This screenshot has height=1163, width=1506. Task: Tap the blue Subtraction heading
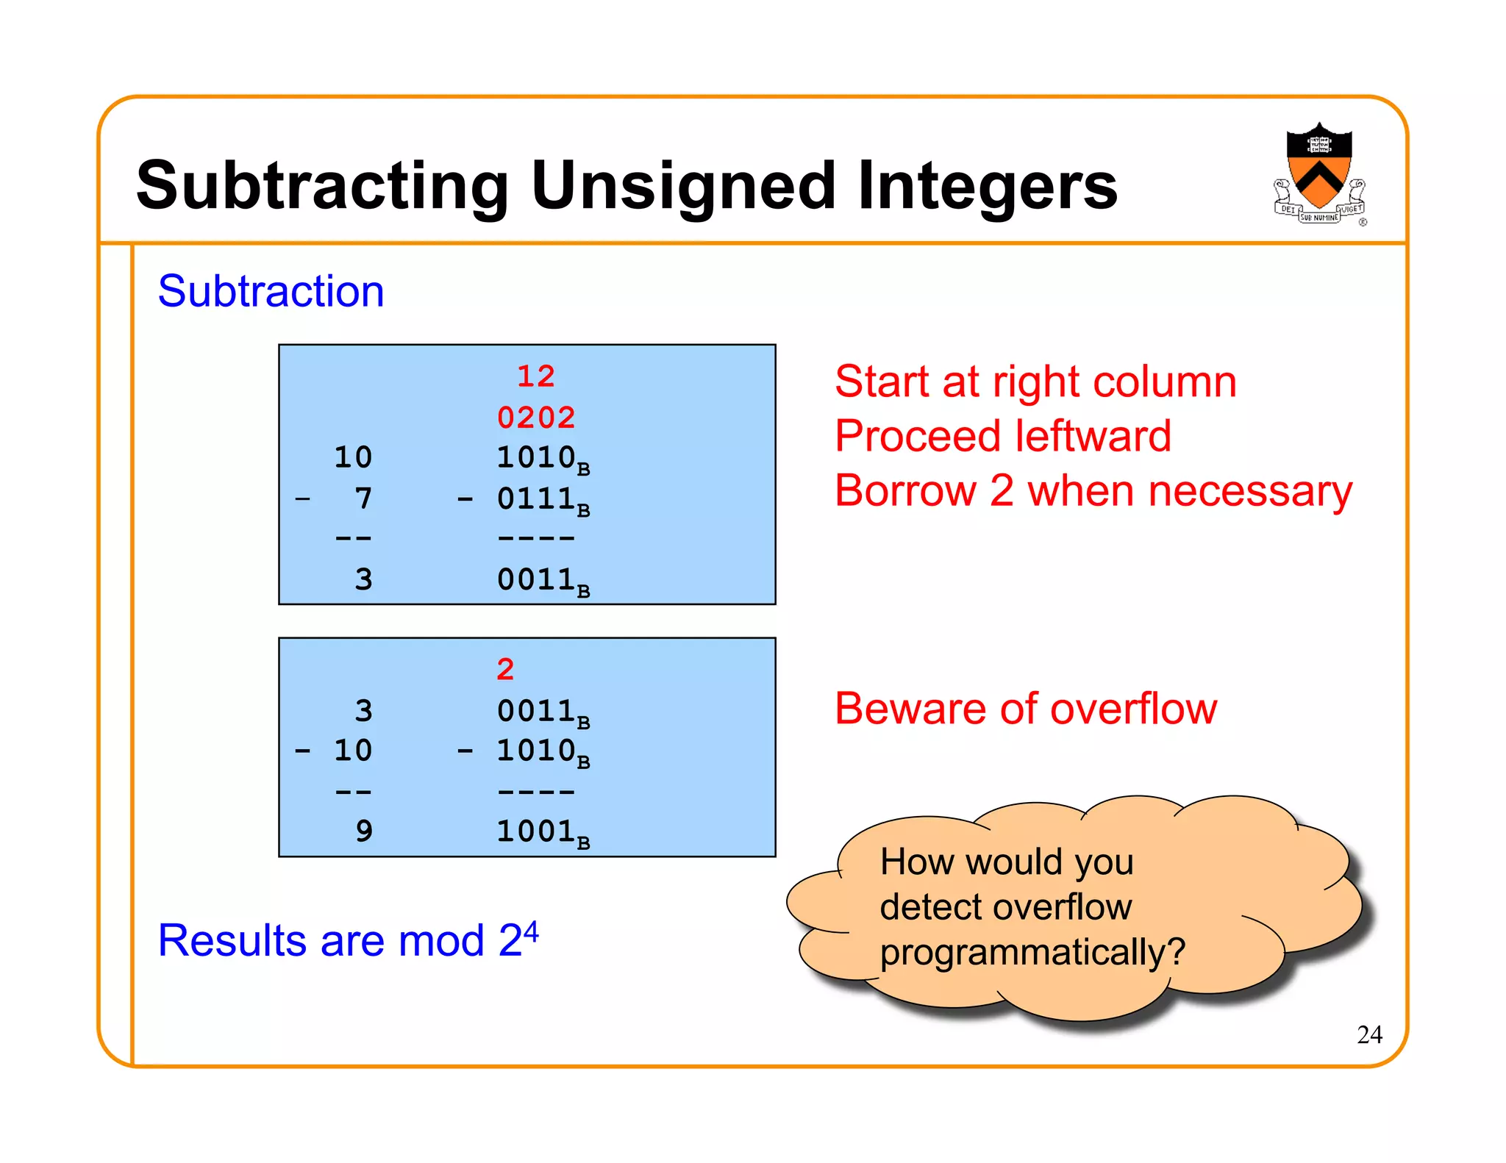click(x=271, y=291)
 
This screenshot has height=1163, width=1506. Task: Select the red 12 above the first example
click(x=535, y=376)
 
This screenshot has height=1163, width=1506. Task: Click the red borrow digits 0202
click(x=535, y=418)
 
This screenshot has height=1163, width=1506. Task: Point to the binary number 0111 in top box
click(x=537, y=498)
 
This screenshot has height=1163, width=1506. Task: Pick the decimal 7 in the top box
click(x=363, y=498)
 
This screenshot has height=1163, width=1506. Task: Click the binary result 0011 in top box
click(x=537, y=579)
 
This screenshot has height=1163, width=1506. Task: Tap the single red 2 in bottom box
click(x=505, y=669)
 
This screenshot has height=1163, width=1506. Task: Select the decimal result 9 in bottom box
click(x=363, y=831)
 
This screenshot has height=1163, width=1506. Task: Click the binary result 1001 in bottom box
click(x=537, y=831)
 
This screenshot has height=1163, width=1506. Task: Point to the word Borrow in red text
click(x=905, y=490)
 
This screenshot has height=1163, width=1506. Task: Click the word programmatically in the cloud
click(x=1022, y=952)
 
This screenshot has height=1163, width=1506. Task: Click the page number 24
click(x=1369, y=1034)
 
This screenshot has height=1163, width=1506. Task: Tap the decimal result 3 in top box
click(x=363, y=579)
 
